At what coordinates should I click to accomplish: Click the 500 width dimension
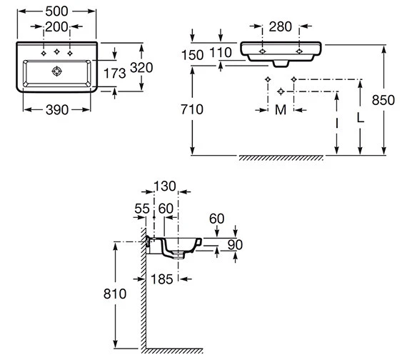[56, 11]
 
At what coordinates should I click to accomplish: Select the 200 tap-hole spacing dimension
[56, 26]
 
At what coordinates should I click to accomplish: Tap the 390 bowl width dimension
[57, 110]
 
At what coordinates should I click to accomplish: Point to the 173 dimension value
[115, 74]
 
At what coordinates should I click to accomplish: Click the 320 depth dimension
[141, 68]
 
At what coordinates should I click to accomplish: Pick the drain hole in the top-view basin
[57, 71]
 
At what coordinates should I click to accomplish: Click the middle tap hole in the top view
[57, 51]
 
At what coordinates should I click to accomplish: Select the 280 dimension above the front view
[281, 26]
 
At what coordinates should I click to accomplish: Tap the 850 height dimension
[383, 100]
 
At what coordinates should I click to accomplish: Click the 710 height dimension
[192, 109]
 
